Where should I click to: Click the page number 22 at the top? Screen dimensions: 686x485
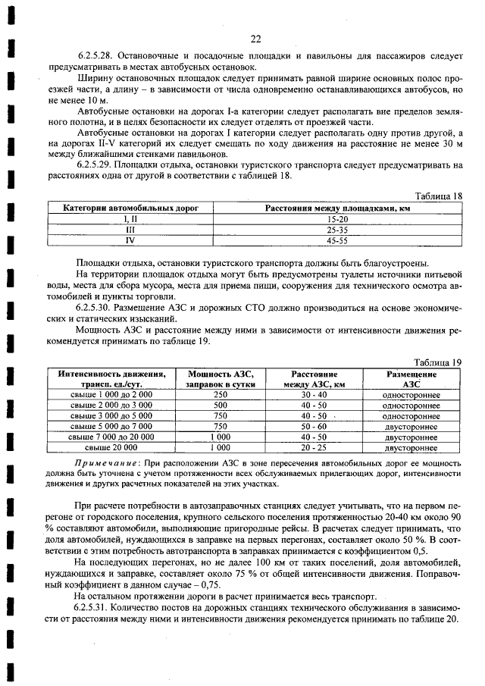255,39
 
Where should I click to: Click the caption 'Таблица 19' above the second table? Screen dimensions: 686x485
437,362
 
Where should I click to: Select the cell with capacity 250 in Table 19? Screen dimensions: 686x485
221,395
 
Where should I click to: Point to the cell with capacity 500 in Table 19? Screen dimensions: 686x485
221,406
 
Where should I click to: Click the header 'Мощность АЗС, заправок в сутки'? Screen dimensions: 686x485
221,379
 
